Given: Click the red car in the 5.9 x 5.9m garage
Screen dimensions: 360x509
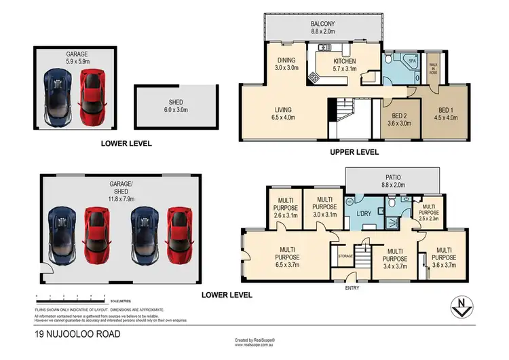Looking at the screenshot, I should pos(90,97).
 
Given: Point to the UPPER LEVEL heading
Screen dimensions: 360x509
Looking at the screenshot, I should pos(355,153).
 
